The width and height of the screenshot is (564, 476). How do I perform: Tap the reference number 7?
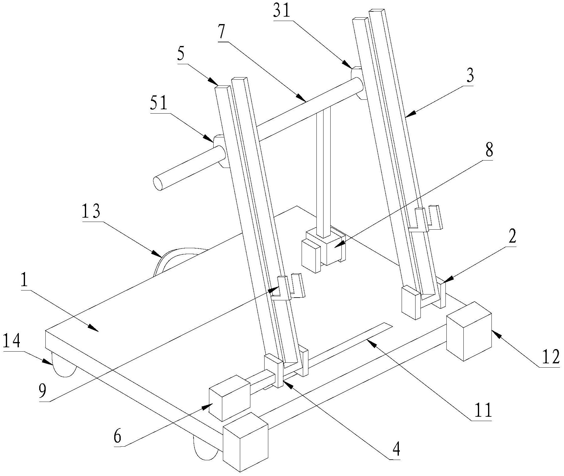(223, 31)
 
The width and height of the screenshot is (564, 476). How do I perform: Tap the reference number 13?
(91, 213)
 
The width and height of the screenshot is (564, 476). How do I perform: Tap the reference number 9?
(43, 391)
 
